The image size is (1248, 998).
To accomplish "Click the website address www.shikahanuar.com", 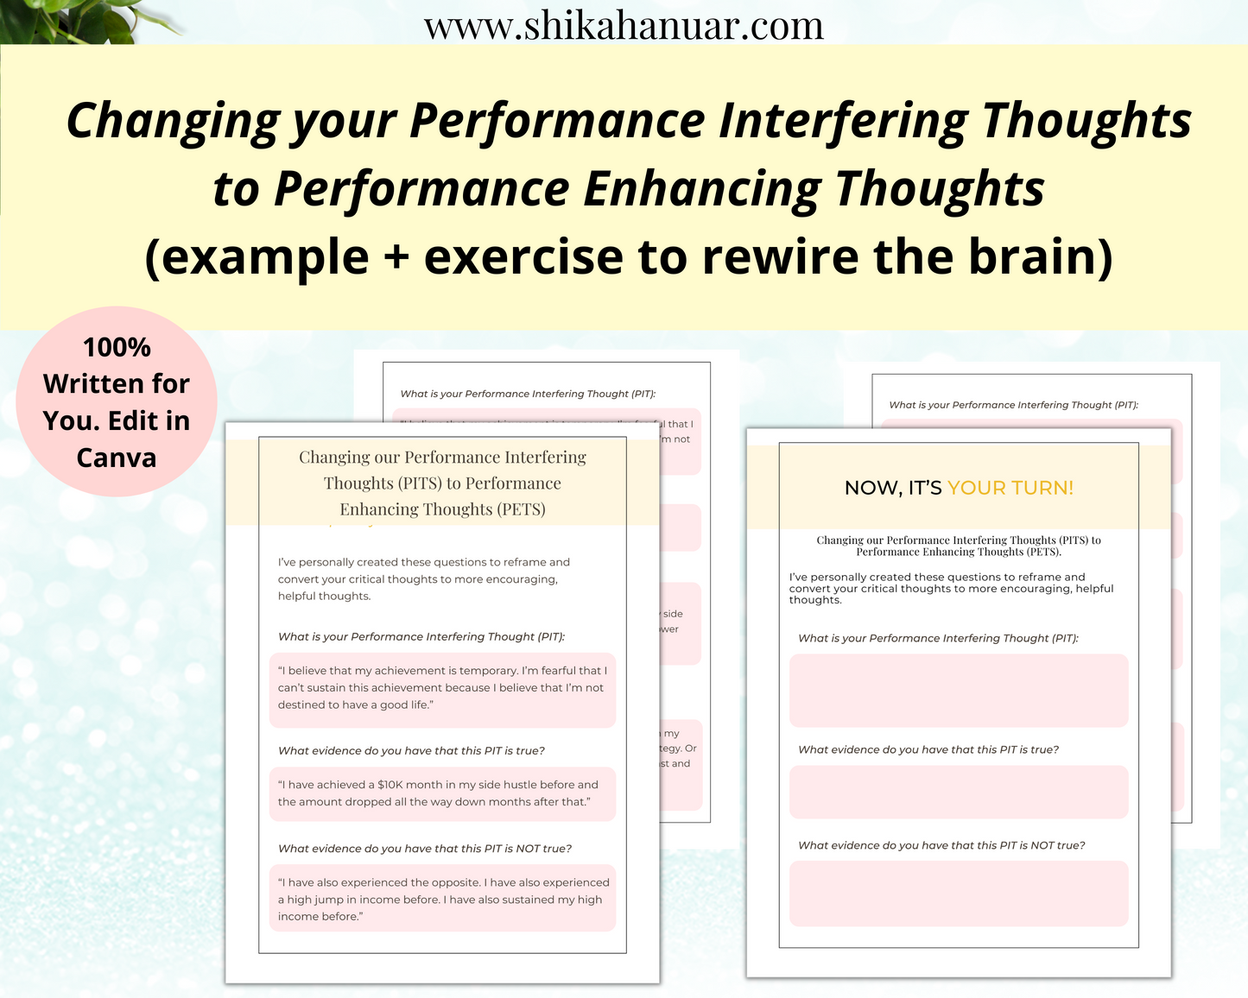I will click(x=624, y=26).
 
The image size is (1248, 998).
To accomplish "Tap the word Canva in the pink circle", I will click(x=117, y=458).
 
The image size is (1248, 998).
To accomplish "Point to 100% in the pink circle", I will click(x=117, y=347).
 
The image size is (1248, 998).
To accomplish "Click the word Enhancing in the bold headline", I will click(x=701, y=189).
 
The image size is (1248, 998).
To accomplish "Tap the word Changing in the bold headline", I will click(x=172, y=122).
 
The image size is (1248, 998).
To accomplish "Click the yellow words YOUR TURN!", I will click(x=1010, y=488).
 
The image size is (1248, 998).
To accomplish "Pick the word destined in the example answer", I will click(x=301, y=705).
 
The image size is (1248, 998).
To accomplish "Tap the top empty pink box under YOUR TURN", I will click(x=959, y=691).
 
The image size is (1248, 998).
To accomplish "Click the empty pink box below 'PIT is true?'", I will click(x=959, y=792).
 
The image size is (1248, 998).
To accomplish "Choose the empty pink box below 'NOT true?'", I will click(x=959, y=893).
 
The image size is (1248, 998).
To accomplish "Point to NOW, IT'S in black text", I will click(x=893, y=488).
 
